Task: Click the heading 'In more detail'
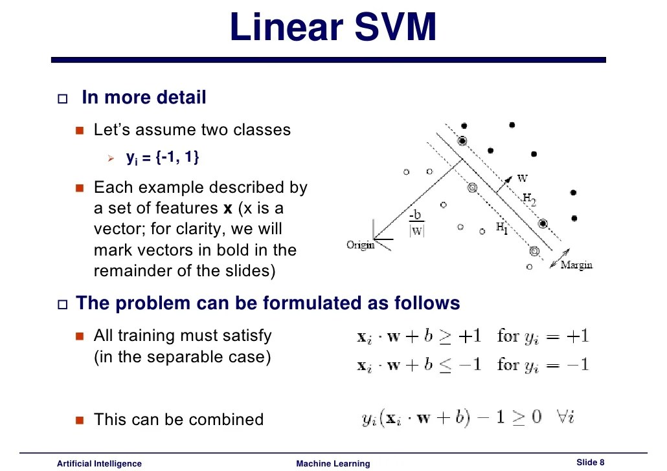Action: [144, 98]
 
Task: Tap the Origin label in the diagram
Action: [361, 245]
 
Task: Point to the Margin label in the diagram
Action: [576, 265]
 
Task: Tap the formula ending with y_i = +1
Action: [473, 336]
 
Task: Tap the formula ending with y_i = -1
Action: [473, 365]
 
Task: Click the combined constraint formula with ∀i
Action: [468, 417]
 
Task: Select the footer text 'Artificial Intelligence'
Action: [99, 463]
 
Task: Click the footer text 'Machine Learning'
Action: [333, 463]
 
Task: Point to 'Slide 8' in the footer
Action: [590, 461]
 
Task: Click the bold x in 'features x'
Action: [227, 208]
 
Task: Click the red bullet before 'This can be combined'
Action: [80, 420]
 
